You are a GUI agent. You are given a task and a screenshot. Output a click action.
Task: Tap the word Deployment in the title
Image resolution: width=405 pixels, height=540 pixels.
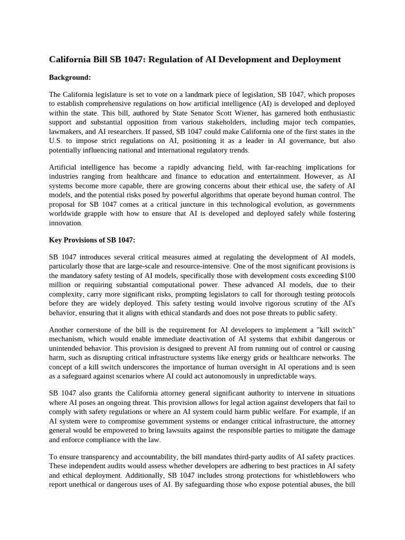313,60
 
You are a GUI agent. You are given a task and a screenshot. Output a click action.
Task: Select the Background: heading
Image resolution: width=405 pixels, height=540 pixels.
70,78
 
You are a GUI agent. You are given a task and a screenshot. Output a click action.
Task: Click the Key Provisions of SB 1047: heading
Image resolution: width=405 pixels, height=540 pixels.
92,240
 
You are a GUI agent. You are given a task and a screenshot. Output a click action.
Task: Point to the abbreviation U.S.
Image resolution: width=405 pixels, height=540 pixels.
56,140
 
